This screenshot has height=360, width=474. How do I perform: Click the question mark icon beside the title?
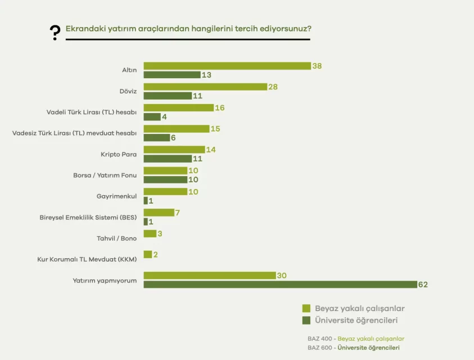[55, 33]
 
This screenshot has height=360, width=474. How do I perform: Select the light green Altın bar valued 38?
[227, 66]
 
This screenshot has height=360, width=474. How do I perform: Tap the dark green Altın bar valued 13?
[172, 75]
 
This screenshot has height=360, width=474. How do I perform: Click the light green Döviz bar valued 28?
[205, 87]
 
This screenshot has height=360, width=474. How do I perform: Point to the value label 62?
[423, 285]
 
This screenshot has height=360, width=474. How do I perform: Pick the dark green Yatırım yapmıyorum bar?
[279, 285]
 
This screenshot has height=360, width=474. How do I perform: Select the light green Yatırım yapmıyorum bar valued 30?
[210, 275]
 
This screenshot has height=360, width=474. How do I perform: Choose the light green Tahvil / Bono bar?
[150, 233]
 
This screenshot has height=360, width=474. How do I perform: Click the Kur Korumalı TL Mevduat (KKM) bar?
[148, 254]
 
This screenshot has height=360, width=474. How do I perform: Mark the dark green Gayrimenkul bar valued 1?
[146, 201]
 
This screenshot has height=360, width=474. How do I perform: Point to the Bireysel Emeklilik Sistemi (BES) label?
[88, 217]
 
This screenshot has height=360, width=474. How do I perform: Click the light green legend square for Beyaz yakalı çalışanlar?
[306, 308]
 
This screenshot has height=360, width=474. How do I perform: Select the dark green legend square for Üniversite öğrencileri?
[306, 320]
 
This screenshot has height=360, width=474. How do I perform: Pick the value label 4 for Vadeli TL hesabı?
[165, 117]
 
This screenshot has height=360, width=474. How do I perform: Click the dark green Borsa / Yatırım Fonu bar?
[165, 179]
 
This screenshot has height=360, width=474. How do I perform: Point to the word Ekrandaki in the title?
[83, 28]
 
